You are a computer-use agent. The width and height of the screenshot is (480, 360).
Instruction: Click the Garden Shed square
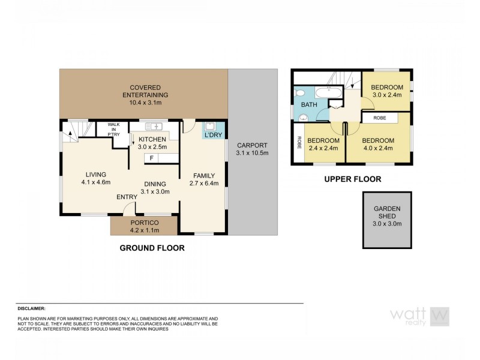pos(387,220)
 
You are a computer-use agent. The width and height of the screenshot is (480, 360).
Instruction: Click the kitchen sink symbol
pos(153,126)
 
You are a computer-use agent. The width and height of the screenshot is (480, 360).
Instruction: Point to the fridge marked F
pos(152,158)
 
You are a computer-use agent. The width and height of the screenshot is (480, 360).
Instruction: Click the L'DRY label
pos(214,135)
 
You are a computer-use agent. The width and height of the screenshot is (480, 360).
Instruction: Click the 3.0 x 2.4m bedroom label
pos(386,95)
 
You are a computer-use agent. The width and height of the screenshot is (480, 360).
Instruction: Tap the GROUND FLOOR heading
pos(152,247)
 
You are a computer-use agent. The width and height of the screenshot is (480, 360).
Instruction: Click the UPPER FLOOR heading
pos(353,179)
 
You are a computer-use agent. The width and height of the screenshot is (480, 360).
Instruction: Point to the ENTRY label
pos(127,197)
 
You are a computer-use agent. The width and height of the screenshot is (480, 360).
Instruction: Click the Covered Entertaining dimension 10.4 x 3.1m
pos(144,103)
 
